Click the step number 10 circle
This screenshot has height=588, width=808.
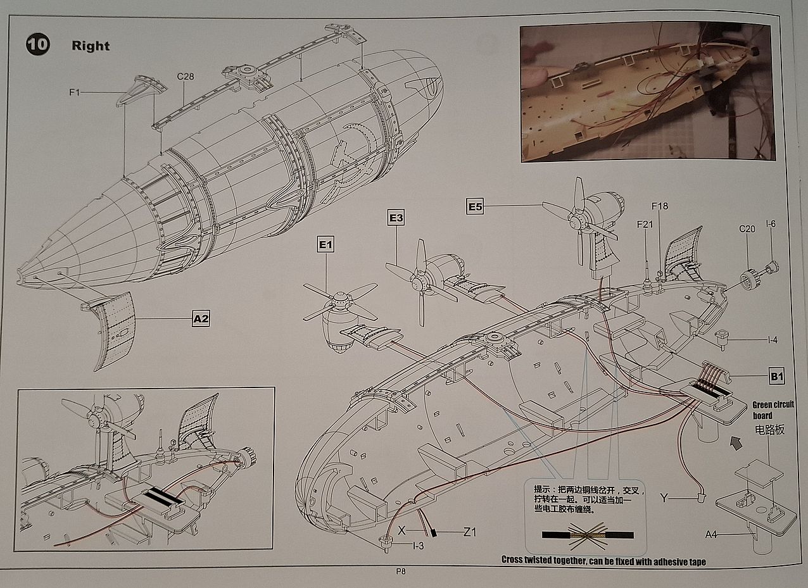[x=37, y=44]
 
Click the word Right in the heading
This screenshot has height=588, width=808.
[x=91, y=46]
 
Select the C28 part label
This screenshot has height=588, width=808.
[x=185, y=77]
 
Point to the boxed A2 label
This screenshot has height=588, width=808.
[x=201, y=319]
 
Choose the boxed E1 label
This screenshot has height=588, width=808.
[x=325, y=244]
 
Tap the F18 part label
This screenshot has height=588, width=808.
[x=660, y=206]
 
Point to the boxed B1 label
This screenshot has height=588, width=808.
[x=777, y=377]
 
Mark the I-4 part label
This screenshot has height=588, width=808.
[x=772, y=340]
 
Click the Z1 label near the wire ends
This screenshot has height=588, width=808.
[x=469, y=532]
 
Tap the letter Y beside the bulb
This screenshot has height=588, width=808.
[x=663, y=498]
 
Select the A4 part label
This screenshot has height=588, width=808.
[x=712, y=535]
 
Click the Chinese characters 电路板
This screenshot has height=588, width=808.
[x=769, y=430]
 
